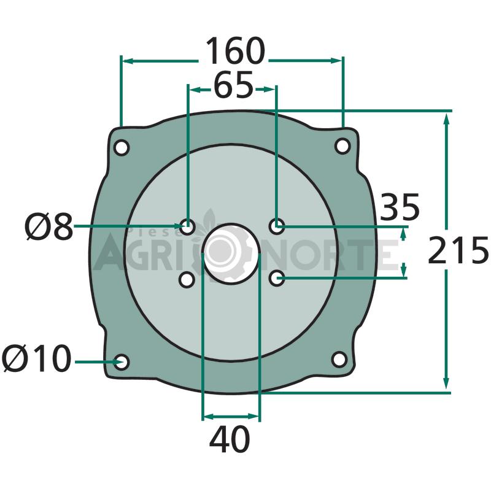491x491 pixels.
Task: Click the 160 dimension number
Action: click(x=235, y=51)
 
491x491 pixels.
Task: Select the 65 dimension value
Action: click(x=233, y=85)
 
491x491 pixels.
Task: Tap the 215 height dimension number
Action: click(x=458, y=250)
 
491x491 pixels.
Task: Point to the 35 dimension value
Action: click(x=400, y=207)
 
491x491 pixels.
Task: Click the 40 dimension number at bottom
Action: click(x=230, y=439)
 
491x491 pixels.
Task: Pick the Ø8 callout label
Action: click(x=49, y=226)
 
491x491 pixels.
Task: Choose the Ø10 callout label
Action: click(x=37, y=358)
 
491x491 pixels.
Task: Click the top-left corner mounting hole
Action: click(x=121, y=147)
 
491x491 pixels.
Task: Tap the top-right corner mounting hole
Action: click(x=342, y=146)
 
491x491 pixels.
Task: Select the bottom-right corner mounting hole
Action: click(x=339, y=359)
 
